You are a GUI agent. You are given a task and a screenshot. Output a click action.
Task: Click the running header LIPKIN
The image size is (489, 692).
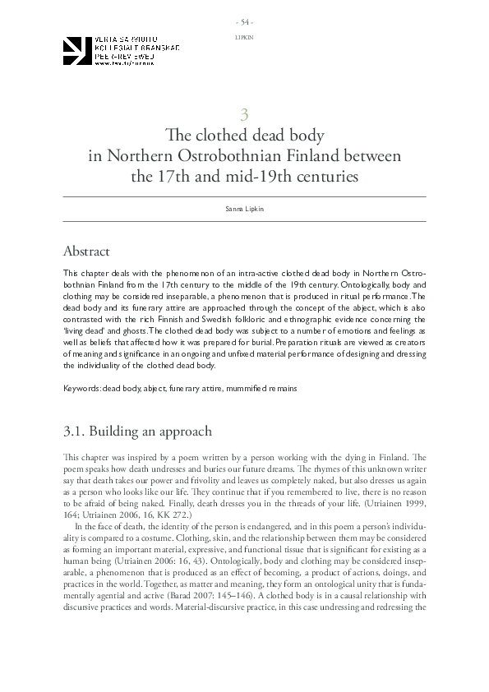click(244, 38)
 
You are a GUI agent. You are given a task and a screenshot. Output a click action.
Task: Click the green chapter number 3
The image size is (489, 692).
click(244, 115)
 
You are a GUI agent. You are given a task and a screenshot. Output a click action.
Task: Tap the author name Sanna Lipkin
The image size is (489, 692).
click(244, 210)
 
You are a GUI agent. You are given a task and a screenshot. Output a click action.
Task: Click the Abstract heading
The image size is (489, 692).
click(86, 251)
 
